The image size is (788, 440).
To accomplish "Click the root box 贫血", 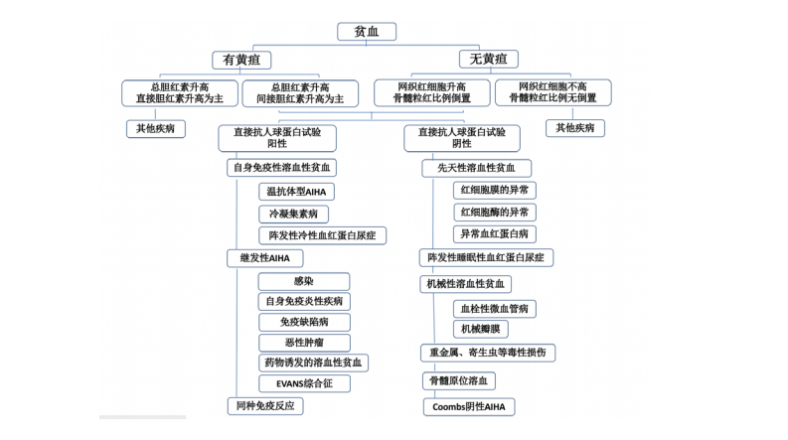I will (367, 32).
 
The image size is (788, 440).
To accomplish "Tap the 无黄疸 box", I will (488, 60).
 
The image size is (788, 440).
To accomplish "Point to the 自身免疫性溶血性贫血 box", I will (282, 168).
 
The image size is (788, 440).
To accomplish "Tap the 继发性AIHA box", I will (264, 258).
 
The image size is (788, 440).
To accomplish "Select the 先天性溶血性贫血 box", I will (476, 168).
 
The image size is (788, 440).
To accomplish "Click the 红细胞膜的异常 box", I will (494, 189).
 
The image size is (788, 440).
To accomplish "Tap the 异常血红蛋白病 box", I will (494, 234).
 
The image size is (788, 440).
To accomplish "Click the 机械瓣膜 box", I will (482, 328).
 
